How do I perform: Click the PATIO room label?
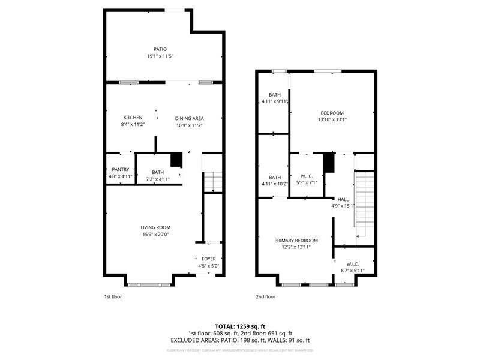tap(160, 49)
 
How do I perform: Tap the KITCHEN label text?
tap(133, 118)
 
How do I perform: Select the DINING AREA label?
tap(189, 118)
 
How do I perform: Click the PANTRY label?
tap(120, 170)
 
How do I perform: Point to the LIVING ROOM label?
tap(156, 227)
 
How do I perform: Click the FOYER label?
tap(208, 259)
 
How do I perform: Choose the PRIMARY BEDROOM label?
tap(296, 240)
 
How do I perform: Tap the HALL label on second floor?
tap(343, 199)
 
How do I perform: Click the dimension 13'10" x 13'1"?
tap(332, 119)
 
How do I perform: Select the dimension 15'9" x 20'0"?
tap(156, 235)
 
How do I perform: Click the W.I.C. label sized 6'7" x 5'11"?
tap(352, 264)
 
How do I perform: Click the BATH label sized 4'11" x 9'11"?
tap(274, 95)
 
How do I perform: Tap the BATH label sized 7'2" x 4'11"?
tap(158, 172)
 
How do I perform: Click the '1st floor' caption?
tap(113, 296)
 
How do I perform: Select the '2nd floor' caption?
tap(266, 296)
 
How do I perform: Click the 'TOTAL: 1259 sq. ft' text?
tap(239, 326)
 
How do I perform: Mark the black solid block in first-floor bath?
tap(176, 160)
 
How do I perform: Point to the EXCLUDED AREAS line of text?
tap(239, 340)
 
